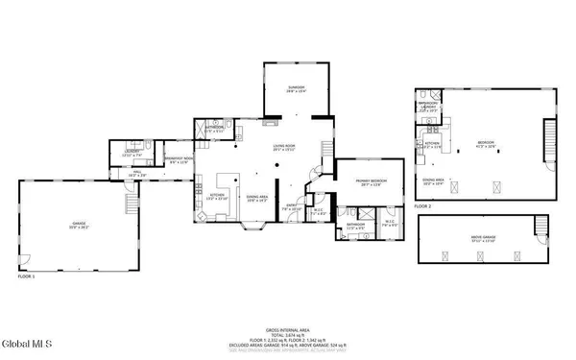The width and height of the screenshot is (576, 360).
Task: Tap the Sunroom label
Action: (x=296, y=87)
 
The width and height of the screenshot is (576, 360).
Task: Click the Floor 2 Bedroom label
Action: (x=487, y=142)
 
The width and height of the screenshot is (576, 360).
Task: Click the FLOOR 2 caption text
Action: (x=423, y=206)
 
